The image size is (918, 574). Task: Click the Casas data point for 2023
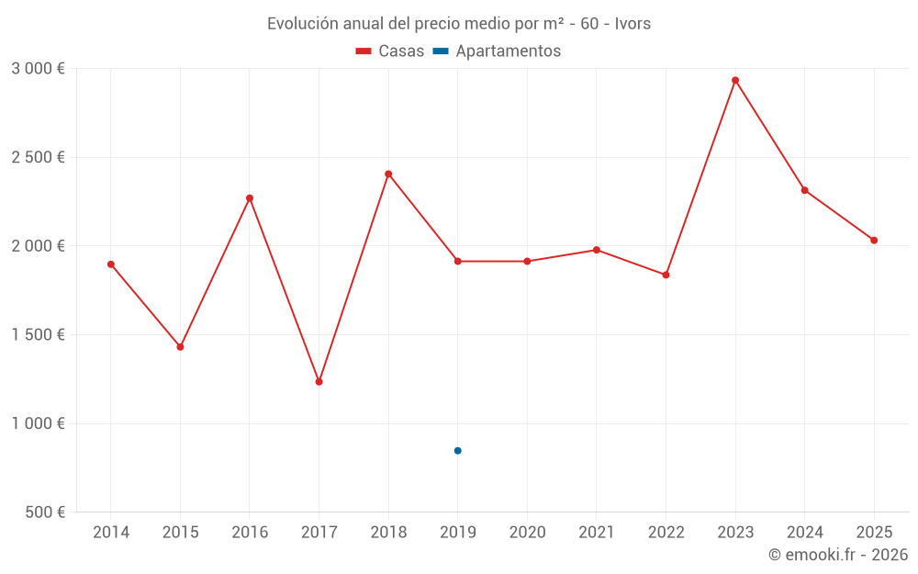pos(735,80)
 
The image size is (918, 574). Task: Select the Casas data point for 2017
pos(319,381)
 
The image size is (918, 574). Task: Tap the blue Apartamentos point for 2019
pos(457,450)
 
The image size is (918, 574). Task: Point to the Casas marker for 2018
pos(388,174)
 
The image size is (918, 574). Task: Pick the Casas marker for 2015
pos(180,346)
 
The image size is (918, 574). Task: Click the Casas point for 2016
pos(250,197)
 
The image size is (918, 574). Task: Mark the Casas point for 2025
pos(874,240)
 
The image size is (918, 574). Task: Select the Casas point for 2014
pos(111,264)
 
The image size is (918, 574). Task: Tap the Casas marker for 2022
pos(666,275)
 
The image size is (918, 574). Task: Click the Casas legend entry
pos(390,51)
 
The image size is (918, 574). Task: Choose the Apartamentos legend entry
pos(497,51)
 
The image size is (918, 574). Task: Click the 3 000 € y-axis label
pos(38,68)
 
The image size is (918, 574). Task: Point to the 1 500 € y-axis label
pos(38,334)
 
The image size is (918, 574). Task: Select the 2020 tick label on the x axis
pos(527,532)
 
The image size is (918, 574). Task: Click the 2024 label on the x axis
pos(804,532)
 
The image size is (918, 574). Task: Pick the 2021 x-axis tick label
pos(597,532)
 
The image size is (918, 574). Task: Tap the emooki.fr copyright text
pos(837,555)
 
